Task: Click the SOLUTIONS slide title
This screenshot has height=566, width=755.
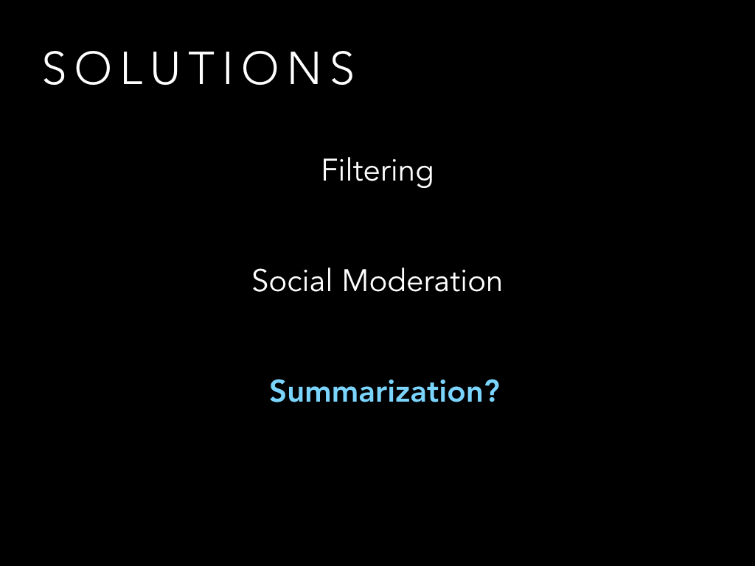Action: (198, 68)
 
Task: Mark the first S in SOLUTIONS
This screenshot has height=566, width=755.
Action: (54, 68)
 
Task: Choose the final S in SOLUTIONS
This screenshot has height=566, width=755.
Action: (343, 68)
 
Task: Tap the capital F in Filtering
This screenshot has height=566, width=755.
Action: (330, 170)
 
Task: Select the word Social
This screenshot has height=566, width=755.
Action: (292, 281)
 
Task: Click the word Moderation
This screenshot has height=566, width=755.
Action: (422, 281)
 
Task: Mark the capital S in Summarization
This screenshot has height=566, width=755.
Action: (279, 391)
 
